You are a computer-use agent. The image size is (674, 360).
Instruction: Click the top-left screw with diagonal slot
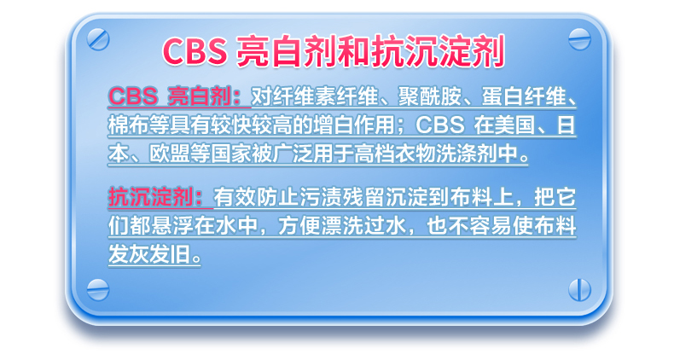[98, 39]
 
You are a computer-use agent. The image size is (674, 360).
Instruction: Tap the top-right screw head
[579, 39]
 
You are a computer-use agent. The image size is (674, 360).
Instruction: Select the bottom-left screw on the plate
[98, 289]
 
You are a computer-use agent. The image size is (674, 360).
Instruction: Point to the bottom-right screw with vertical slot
[579, 289]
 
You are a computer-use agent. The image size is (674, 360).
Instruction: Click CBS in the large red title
[195, 51]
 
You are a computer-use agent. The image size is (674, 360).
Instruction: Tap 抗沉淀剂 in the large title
[438, 51]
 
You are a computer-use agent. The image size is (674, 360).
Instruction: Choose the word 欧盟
[171, 154]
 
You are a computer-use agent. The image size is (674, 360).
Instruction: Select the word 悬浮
[172, 226]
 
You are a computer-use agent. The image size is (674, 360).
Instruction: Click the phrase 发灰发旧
[149, 254]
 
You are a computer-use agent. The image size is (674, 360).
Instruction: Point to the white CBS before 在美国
[440, 125]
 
